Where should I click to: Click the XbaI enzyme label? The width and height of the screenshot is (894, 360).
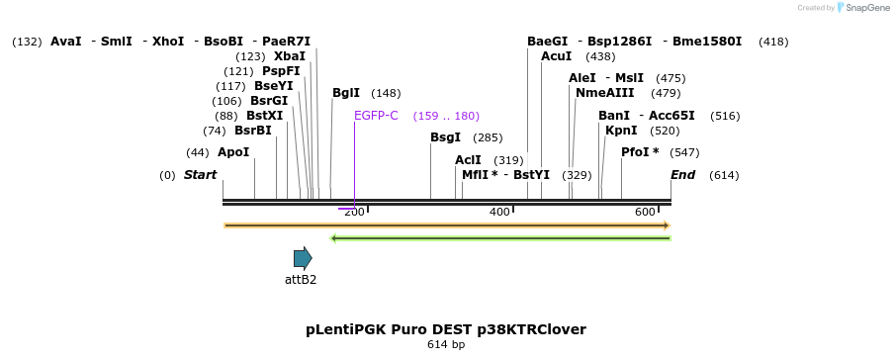coord(290,56)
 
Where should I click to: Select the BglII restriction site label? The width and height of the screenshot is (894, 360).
coord(346,93)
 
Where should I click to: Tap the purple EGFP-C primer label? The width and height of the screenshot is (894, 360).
coord(376,116)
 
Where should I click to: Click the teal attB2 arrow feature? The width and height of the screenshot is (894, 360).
coord(303,258)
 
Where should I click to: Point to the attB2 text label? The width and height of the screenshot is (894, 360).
coord(301,280)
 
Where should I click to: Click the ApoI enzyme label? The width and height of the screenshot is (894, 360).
coord(233,152)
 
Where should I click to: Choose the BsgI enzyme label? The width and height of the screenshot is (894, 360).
coord(446,137)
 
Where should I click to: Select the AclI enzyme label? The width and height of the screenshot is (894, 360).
coord(468,160)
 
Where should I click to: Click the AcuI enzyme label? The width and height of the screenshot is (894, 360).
coord(557,56)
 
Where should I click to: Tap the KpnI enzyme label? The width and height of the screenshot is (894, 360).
coord(621,131)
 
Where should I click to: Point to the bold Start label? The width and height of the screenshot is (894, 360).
coord(200,175)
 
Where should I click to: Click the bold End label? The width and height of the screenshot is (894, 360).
coord(682,175)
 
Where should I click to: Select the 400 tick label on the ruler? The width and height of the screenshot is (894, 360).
coord(499,212)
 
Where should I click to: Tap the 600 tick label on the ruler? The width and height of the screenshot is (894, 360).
coord(645,212)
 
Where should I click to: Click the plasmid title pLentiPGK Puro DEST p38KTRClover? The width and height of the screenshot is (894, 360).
coord(446,329)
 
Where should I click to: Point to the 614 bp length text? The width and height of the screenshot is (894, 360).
coord(446,345)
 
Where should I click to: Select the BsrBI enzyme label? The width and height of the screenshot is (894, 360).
coord(253,131)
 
